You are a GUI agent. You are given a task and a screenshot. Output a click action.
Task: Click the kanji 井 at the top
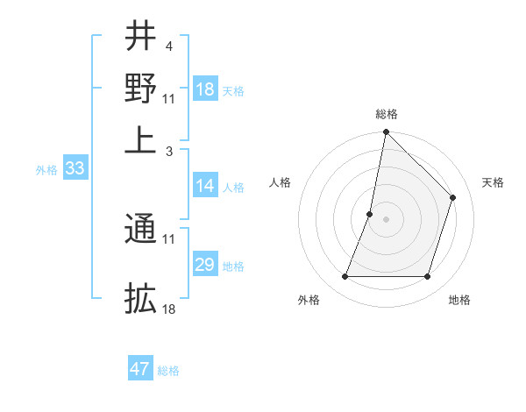(140, 36)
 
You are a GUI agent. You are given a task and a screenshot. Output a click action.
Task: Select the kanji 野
(140, 87)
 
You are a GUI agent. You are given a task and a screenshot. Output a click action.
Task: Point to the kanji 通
(140, 230)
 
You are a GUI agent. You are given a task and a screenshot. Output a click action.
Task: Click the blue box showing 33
(75, 169)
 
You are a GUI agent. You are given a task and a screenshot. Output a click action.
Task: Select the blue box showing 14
(205, 186)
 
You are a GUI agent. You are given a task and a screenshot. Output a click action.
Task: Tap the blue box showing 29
(205, 265)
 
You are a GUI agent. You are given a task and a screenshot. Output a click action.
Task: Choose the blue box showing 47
(140, 369)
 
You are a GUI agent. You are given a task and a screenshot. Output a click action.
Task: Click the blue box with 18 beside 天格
(205, 89)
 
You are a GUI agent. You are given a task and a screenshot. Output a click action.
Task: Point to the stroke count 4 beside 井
(167, 46)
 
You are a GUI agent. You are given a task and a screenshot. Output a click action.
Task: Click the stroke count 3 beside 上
(167, 151)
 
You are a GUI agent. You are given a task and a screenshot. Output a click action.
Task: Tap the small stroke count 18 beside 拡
(169, 309)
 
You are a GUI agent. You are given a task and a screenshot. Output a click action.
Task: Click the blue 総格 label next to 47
(168, 371)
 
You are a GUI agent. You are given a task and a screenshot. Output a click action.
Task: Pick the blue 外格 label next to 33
(46, 170)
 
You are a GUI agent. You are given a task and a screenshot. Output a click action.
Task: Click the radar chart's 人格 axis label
(281, 182)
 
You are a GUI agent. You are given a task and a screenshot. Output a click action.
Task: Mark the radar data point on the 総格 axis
(386, 132)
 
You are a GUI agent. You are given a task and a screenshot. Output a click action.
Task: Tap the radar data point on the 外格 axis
(345, 277)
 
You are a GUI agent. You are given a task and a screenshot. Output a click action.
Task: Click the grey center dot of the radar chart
(386, 218)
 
